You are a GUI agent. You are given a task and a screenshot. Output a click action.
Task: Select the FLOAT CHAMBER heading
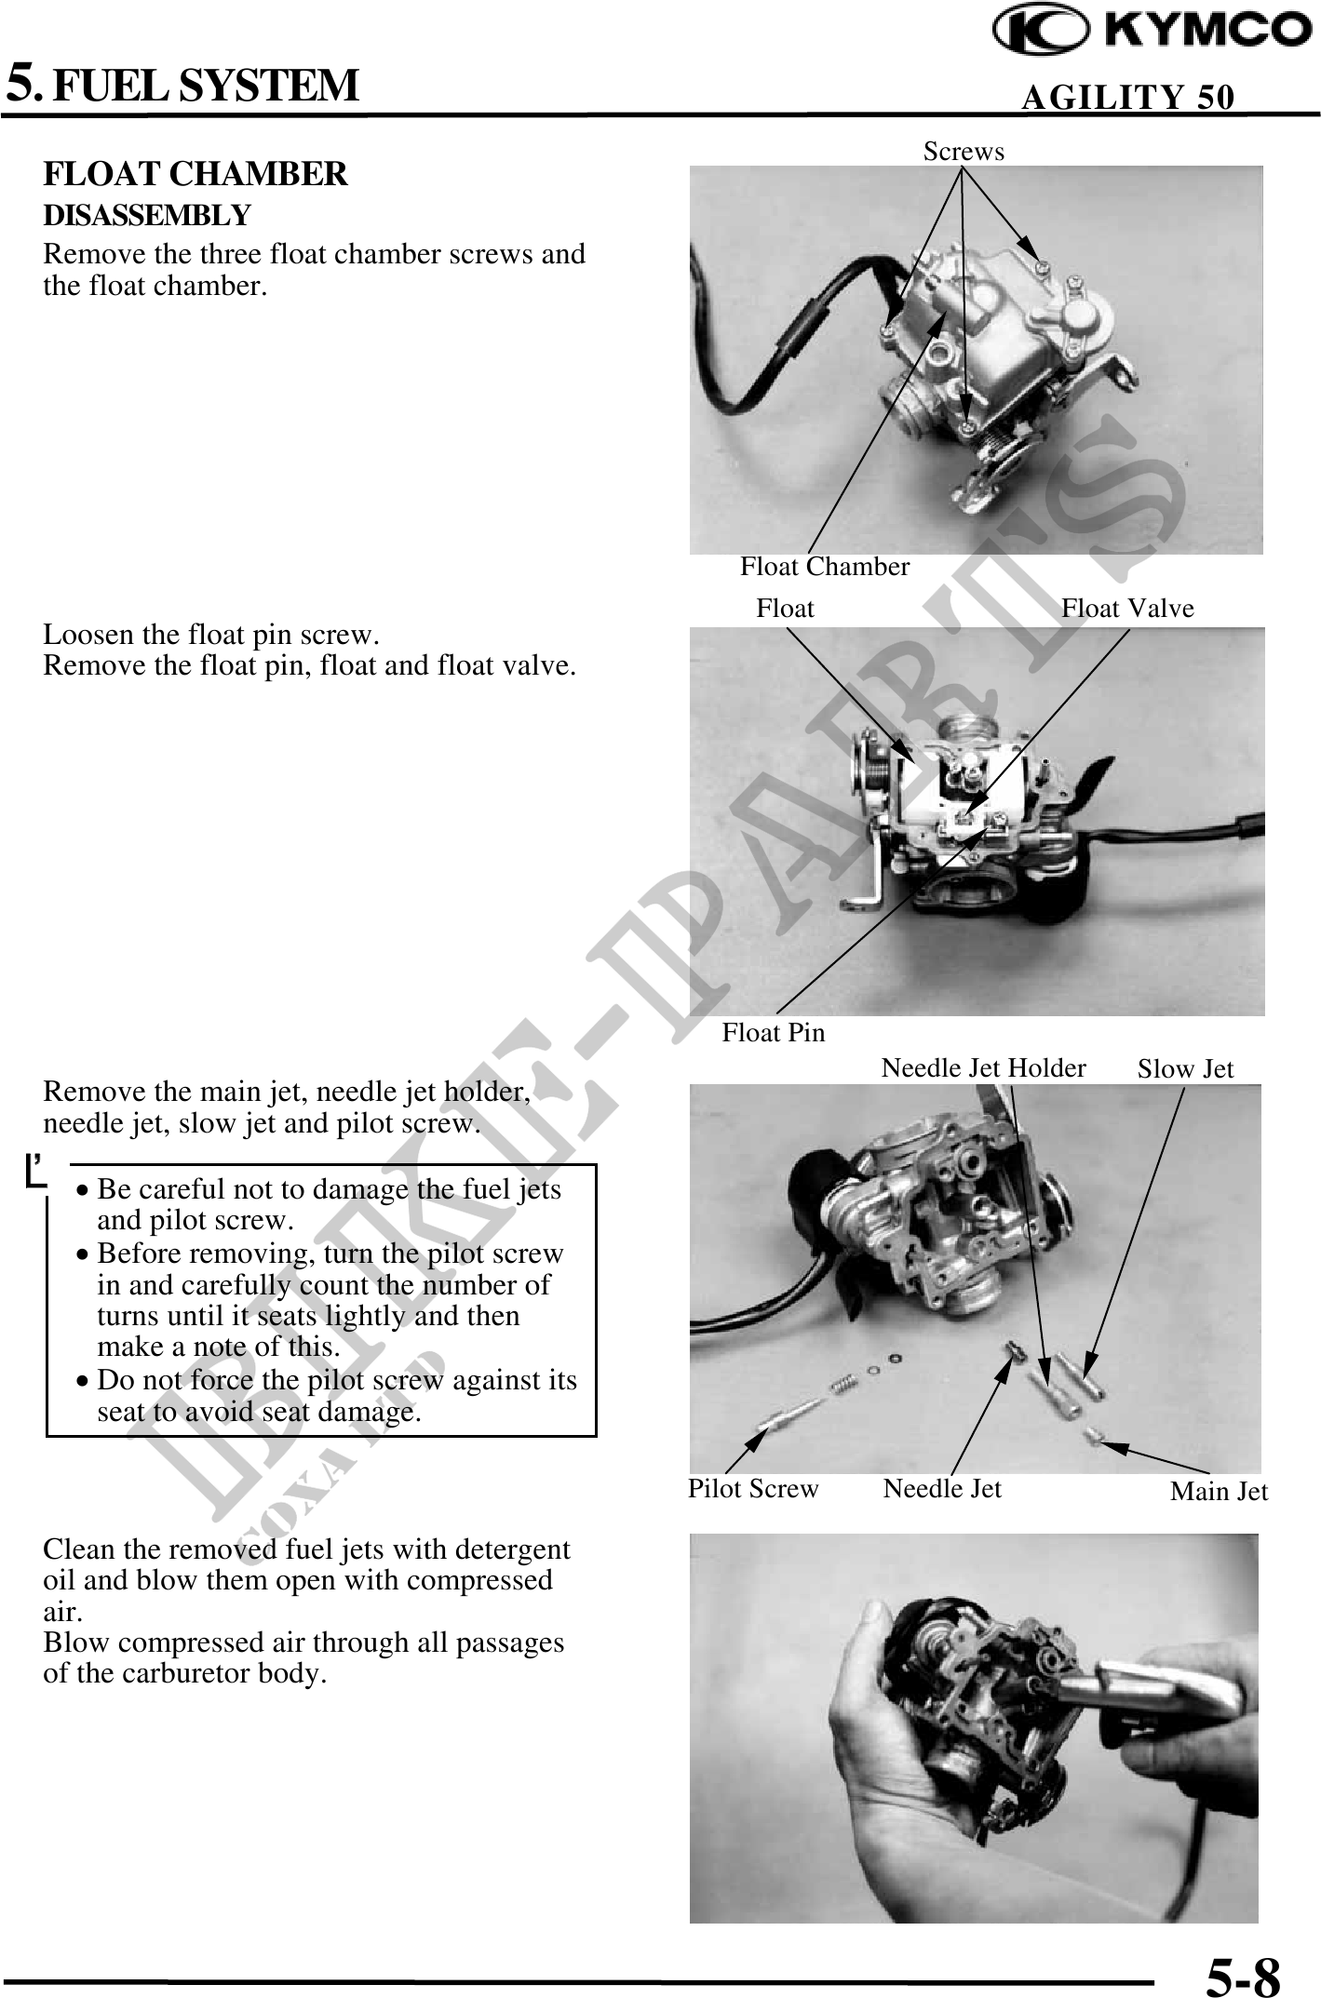point(195,174)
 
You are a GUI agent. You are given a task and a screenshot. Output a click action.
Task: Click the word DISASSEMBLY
point(147,216)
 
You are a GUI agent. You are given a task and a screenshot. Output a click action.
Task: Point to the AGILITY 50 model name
point(1128,97)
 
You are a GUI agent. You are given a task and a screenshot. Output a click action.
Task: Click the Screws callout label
point(964,151)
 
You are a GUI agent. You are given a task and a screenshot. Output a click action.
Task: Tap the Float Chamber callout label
point(825,566)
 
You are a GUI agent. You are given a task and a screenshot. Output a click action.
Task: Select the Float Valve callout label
point(1127,609)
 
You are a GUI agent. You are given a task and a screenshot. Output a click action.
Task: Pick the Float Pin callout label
point(774,1032)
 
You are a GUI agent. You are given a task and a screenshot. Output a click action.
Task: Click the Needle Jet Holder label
point(983,1067)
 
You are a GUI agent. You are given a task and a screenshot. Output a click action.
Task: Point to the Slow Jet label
point(1185,1069)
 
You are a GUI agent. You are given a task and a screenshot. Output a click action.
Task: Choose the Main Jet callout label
point(1219,1492)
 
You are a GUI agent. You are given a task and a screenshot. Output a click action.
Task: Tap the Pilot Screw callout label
point(753,1489)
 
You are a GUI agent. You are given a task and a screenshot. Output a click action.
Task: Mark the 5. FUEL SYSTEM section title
point(182,84)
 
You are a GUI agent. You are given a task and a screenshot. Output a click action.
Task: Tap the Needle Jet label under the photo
point(942,1489)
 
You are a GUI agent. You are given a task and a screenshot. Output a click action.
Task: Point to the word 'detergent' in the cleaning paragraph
point(510,1549)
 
